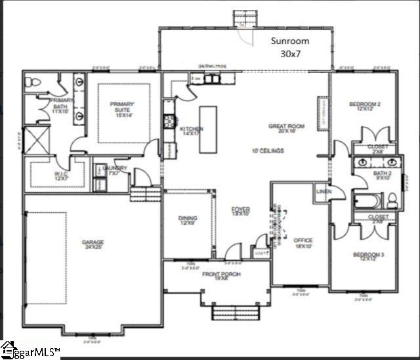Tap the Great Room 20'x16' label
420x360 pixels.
click(287, 129)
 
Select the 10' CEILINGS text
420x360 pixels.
click(267, 151)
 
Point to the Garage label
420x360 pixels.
click(93, 245)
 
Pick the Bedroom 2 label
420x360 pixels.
click(365, 106)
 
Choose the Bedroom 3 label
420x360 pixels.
click(365, 256)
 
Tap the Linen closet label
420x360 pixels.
click(324, 191)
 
